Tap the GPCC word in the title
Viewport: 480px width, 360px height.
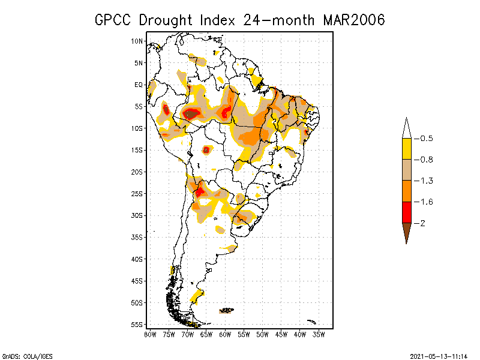pyautogui.click(x=114, y=20)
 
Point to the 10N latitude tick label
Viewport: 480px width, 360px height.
pyautogui.click(x=137, y=41)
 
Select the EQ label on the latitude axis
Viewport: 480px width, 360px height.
pyautogui.click(x=139, y=85)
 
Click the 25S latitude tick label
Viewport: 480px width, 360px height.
pyautogui.click(x=137, y=194)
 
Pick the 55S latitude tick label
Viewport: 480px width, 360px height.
pyautogui.click(x=137, y=325)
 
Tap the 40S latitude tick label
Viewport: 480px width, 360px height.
pyautogui.click(x=137, y=259)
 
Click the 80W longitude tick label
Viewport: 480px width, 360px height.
pyautogui.click(x=150, y=334)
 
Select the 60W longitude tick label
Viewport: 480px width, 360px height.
pyautogui.click(x=225, y=334)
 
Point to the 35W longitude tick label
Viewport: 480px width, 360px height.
pyautogui.click(x=319, y=334)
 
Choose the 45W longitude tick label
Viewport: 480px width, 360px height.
pyautogui.click(x=281, y=334)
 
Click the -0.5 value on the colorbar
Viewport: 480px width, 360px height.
pyautogui.click(x=425, y=139)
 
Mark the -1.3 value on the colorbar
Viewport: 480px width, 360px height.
pyautogui.click(x=425, y=181)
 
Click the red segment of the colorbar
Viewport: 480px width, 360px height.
pyautogui.click(x=406, y=212)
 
